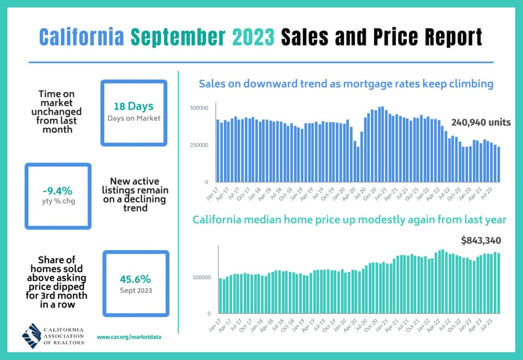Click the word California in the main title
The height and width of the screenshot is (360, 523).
(81, 38)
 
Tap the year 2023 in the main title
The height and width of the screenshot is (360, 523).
(250, 38)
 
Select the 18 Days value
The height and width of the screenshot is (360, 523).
(134, 107)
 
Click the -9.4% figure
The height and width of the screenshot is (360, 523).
(58, 190)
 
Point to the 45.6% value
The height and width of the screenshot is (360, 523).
(135, 278)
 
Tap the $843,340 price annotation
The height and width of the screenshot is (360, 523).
(481, 241)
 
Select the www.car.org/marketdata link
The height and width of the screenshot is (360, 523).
(129, 337)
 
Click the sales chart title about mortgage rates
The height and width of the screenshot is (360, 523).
(346, 83)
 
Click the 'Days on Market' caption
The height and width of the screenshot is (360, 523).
(134, 118)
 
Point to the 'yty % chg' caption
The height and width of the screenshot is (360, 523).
(58, 200)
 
